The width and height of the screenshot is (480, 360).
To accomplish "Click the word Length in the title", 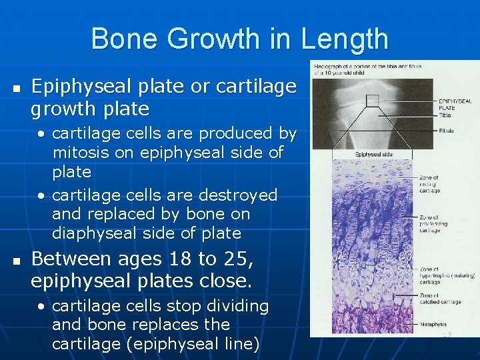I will tap(344, 39).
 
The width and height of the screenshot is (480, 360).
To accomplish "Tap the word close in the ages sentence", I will tap(228, 281).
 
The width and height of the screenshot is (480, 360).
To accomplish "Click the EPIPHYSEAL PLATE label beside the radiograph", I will tap(455, 105).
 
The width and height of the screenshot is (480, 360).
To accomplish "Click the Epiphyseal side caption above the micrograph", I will tap(373, 155).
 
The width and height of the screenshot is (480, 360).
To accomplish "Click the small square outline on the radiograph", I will tap(371, 101).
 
